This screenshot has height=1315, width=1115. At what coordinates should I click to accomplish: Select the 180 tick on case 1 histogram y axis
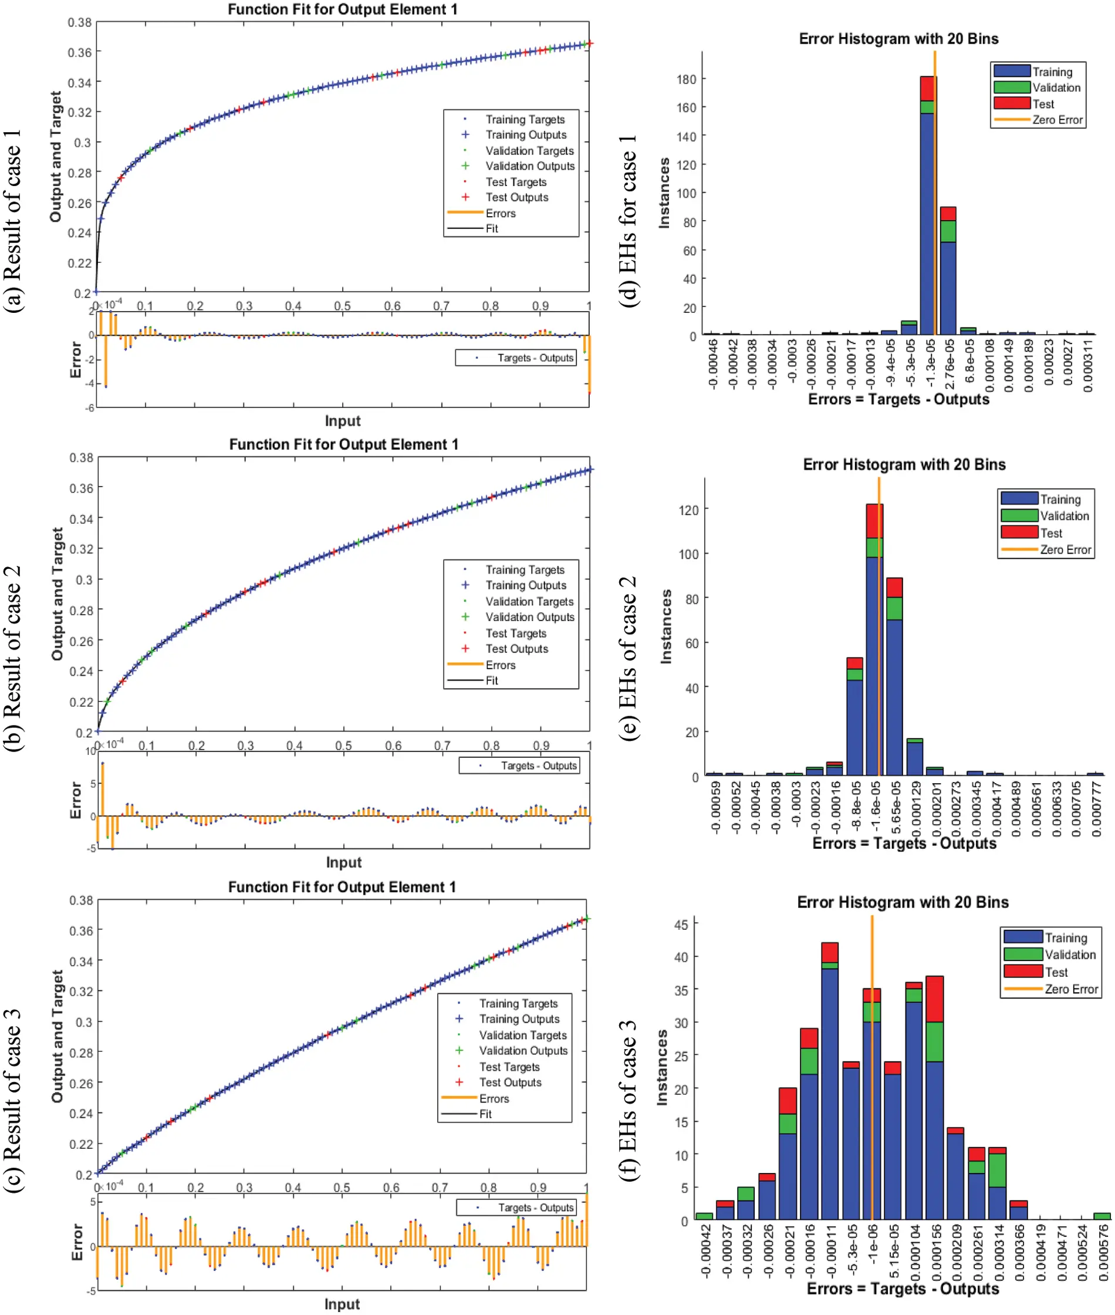click(686, 79)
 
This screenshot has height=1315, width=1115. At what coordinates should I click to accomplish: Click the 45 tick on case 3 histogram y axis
click(681, 925)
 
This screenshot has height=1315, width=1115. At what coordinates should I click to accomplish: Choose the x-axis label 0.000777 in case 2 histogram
click(1096, 809)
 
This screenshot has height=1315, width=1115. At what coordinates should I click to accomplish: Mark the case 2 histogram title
click(904, 465)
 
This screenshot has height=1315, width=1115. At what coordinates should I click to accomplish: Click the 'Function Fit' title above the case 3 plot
click(342, 887)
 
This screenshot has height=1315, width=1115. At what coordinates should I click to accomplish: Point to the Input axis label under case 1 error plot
click(343, 421)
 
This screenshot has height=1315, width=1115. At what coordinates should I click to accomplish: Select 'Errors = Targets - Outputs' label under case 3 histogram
click(903, 1289)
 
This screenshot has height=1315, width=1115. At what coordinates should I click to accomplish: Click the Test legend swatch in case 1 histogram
click(1012, 104)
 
